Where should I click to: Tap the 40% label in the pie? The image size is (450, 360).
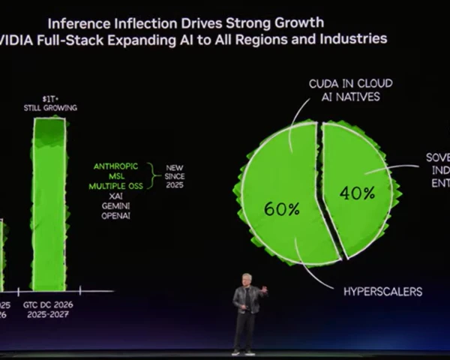pyautogui.click(x=356, y=193)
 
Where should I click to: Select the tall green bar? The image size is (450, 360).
pyautogui.click(x=49, y=202)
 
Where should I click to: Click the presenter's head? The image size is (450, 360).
pyautogui.click(x=247, y=279)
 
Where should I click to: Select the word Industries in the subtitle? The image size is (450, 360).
pyautogui.click(x=353, y=38)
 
